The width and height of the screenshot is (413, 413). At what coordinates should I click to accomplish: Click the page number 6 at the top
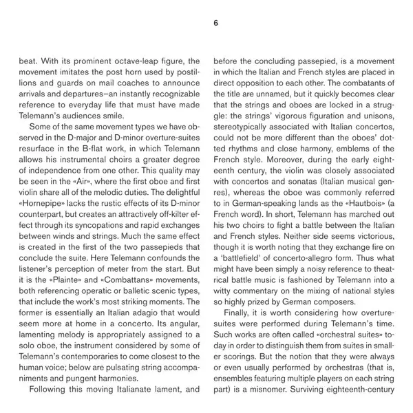215,23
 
